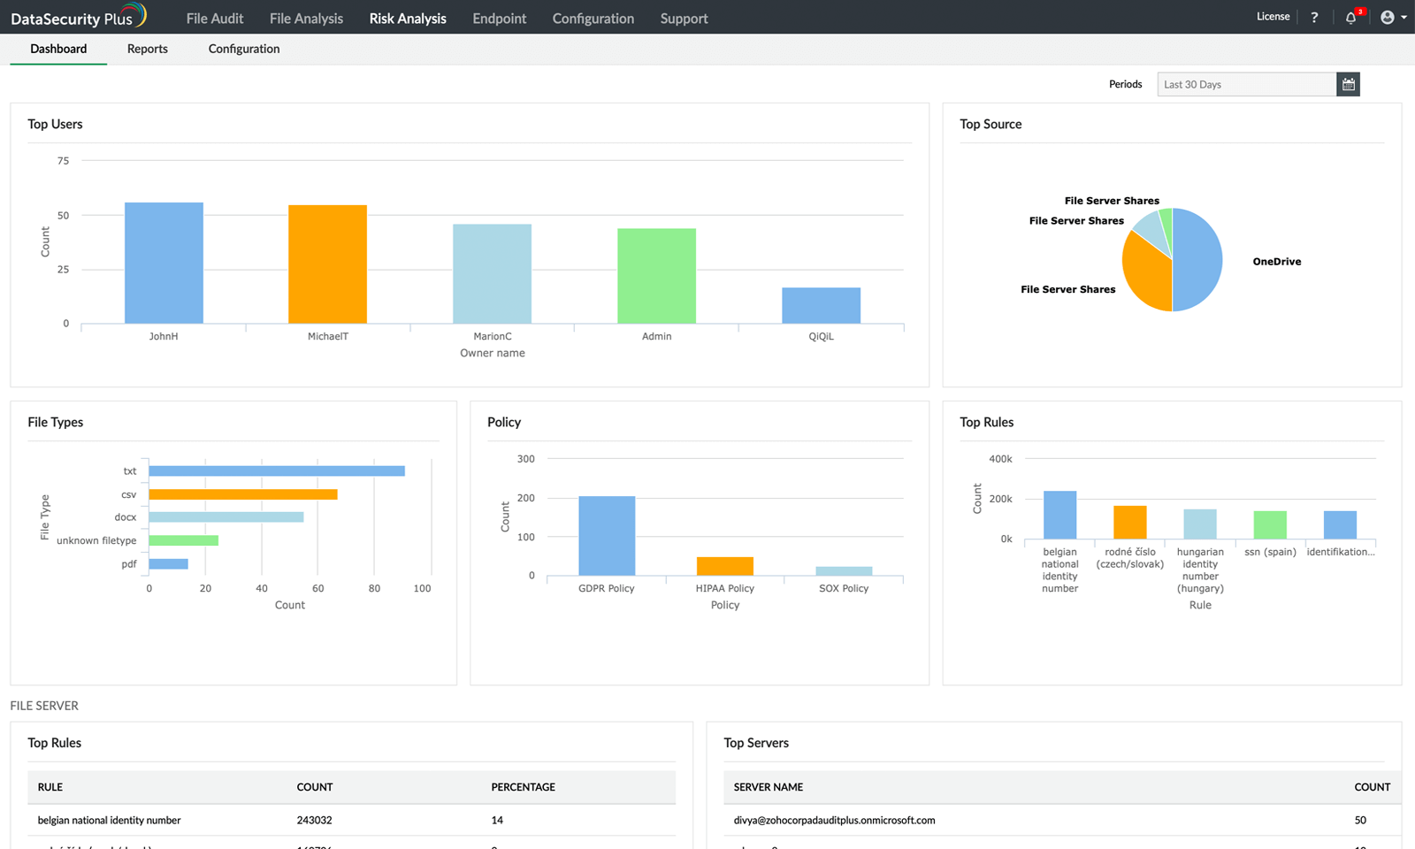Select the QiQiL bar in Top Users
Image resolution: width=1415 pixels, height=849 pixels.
pos(821,305)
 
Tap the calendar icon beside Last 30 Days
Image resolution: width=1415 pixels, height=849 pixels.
pos(1348,84)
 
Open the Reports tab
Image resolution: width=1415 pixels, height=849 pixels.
pos(147,49)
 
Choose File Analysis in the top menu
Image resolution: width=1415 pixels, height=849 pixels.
pos(306,19)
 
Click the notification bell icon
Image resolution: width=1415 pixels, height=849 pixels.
pos(1350,18)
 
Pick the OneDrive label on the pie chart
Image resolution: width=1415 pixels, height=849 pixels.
pos(1276,262)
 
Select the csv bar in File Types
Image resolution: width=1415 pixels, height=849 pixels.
pos(242,494)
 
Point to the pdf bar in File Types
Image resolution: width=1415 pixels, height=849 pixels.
pos(168,564)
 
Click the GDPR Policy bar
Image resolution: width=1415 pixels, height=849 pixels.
pos(607,535)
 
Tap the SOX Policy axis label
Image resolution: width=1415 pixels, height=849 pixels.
pos(844,588)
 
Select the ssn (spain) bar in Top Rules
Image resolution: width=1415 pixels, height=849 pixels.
pos(1270,524)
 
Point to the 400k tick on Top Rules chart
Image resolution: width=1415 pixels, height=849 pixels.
pos(1000,459)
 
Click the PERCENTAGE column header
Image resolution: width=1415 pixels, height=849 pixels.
pos(524,787)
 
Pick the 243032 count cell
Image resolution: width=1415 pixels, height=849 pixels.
pos(314,821)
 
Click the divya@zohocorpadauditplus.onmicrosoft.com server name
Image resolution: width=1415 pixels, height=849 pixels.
pos(834,821)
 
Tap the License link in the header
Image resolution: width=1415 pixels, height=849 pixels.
pos(1273,17)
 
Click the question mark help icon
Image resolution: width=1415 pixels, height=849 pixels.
pos(1314,18)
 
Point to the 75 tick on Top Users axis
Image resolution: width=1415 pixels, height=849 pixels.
pos(63,161)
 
